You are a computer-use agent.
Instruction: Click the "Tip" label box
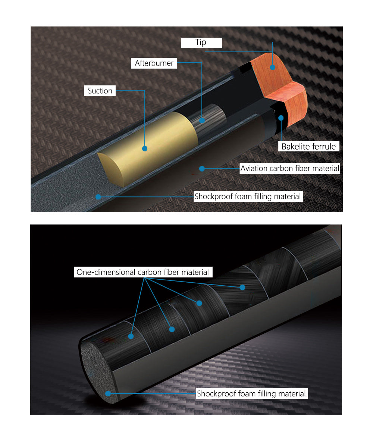201,43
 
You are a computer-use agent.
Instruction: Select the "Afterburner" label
154,63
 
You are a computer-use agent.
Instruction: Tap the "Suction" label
100,91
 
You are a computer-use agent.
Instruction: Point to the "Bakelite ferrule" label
309,146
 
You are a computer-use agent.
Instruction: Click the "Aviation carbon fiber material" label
290,169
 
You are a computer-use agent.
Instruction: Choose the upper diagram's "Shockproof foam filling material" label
248,196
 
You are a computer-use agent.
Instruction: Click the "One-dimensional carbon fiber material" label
143,272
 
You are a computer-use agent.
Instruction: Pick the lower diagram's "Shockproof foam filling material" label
251,394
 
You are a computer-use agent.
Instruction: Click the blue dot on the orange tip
273,67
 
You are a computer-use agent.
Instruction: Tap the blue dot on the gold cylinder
145,148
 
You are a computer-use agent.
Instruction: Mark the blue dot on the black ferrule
281,118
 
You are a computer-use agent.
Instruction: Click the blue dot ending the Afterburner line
202,120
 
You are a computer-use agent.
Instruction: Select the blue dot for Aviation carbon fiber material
202,169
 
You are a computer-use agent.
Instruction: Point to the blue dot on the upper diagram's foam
98,197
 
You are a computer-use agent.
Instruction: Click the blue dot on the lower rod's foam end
108,394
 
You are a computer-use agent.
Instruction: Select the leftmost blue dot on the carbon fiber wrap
131,336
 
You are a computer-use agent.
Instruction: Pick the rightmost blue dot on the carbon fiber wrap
242,287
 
